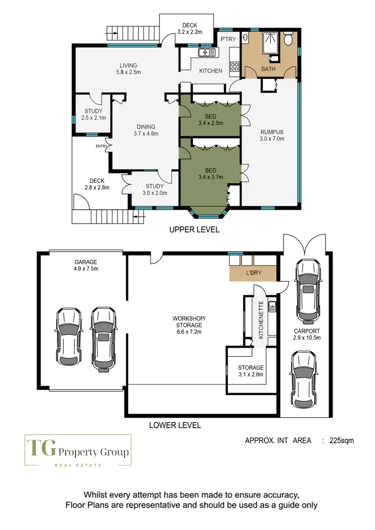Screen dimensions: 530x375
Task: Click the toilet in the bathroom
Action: tap(288, 40)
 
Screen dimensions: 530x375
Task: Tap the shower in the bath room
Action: tap(270, 43)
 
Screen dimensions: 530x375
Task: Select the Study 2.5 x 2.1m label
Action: tap(91, 114)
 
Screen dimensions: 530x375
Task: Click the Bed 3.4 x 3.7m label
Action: tap(210, 173)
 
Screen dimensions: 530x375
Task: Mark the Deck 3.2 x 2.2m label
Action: tap(189, 28)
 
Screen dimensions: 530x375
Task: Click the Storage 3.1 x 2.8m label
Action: tap(250, 371)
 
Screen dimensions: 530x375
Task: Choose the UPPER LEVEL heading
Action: tap(194, 230)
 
